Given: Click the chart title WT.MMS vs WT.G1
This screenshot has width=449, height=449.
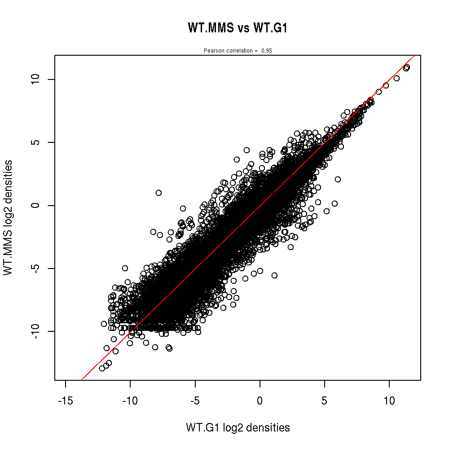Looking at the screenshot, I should tap(238, 28).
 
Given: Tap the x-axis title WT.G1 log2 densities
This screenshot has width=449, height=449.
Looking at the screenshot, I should tap(238, 428).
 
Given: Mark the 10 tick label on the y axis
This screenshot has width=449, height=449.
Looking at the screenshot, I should tap(37, 79).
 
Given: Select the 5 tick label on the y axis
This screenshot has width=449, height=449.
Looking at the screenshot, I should tap(37, 142).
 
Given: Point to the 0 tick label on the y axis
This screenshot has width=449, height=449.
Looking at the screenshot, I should tap(37, 205).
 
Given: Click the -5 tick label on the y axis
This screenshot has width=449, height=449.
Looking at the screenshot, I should tap(37, 268).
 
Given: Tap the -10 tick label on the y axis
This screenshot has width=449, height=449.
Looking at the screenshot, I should tap(37, 331).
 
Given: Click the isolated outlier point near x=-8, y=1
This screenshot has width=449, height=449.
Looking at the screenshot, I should tap(158, 193).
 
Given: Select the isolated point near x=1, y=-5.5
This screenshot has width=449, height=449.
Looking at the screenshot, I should tap(274, 275).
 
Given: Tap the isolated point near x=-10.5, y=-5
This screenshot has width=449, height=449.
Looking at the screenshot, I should tap(125, 268).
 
